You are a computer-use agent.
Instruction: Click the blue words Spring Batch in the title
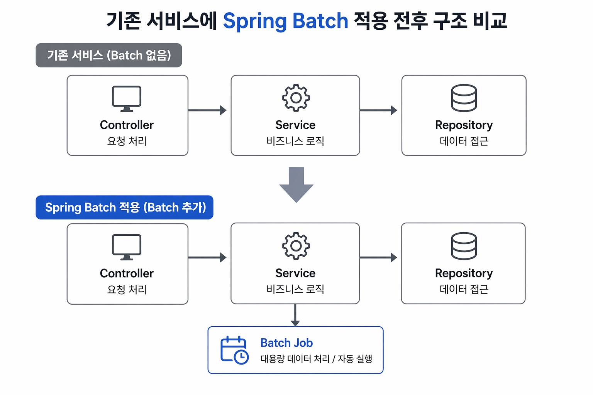[285, 21]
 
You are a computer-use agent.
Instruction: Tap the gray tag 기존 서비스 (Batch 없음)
[109, 55]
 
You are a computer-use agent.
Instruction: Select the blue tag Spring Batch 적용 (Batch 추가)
[125, 208]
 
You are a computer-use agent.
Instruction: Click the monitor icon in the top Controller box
[127, 99]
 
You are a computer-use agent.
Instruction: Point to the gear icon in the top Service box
[296, 98]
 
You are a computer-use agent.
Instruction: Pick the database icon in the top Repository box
[464, 98]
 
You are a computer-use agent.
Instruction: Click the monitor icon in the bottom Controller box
[127, 247]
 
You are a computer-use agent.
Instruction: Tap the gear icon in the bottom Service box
[296, 246]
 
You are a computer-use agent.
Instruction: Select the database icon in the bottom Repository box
[464, 246]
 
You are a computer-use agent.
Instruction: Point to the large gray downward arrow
[296, 185]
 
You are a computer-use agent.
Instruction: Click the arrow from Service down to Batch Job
[295, 315]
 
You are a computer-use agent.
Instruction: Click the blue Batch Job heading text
[286, 343]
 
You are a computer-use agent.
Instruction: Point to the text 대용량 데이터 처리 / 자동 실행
[316, 359]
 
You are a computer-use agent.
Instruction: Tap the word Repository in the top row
[464, 125]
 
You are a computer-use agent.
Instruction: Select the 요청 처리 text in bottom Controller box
[127, 289]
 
